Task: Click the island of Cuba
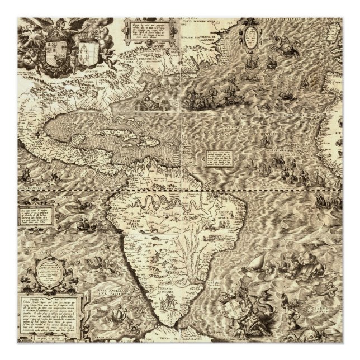point(129,124)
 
